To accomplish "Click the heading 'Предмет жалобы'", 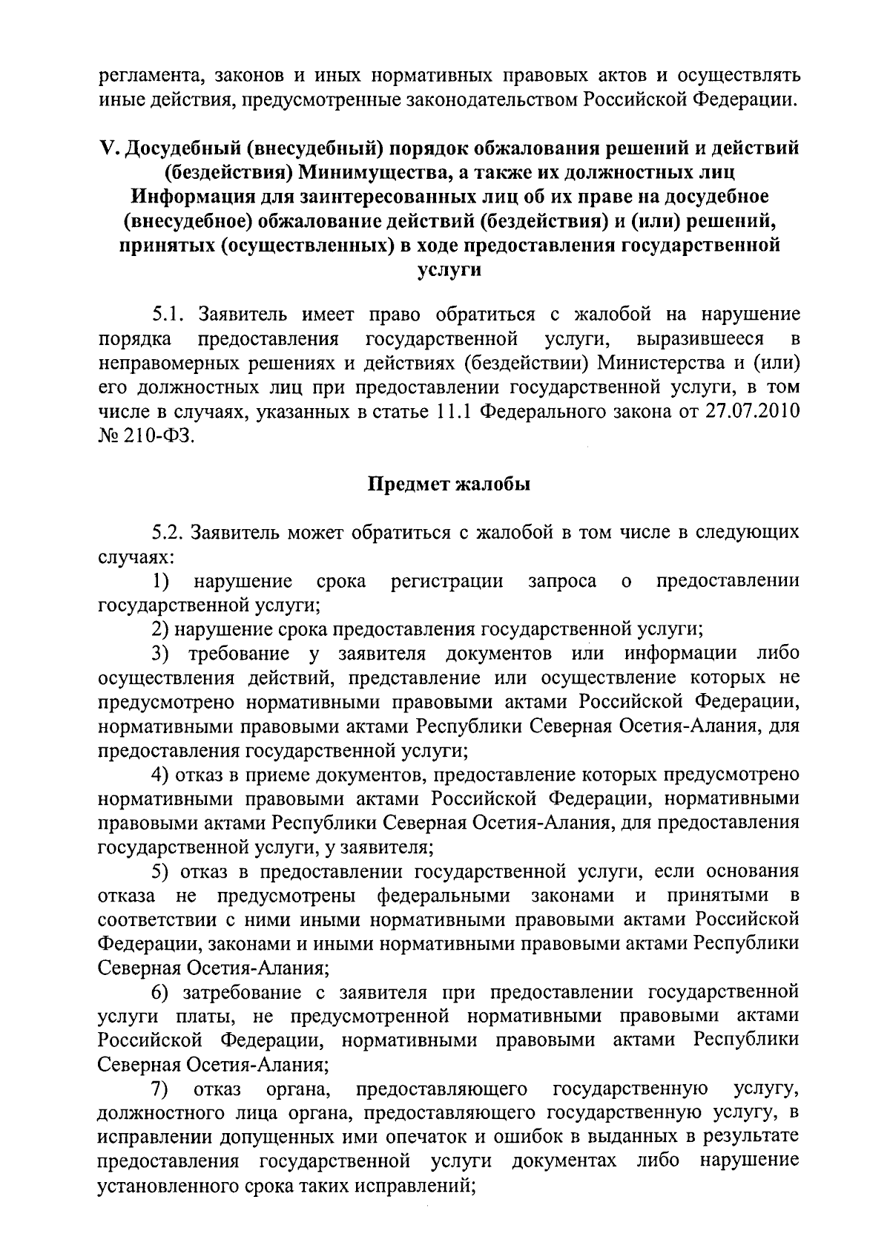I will pyautogui.click(x=449, y=485).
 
